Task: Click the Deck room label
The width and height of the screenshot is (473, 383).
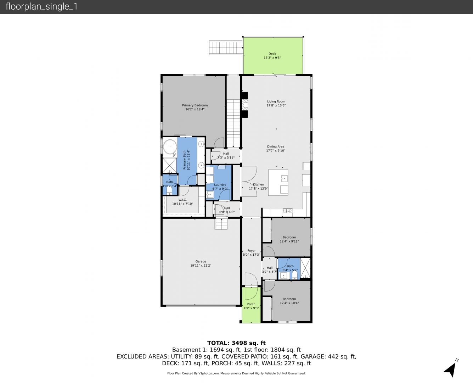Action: pos(272,54)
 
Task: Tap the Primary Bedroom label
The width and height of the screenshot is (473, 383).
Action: pos(195,105)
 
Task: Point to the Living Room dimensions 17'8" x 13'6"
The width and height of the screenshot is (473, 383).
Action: pos(276,105)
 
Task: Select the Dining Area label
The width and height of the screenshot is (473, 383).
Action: pos(276,146)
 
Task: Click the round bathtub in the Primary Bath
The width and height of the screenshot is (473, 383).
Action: pos(170,147)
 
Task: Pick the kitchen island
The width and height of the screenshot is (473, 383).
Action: pos(278,183)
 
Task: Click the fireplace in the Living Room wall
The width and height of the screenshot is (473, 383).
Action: pos(244,105)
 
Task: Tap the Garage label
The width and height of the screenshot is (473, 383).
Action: pos(201,261)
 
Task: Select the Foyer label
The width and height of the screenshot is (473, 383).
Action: pos(251,250)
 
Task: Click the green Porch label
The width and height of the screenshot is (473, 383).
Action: pos(251,304)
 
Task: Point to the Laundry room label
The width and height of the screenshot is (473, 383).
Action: pos(220,185)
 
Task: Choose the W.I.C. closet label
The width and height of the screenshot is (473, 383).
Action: pos(182,200)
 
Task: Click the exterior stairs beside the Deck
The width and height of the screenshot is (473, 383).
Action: pos(226,48)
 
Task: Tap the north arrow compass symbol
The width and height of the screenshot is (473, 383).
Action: pos(451,369)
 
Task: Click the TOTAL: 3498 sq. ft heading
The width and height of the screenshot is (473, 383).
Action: pos(236,343)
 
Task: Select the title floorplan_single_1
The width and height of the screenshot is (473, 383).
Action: pos(41,6)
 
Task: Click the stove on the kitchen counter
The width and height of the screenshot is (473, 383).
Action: pos(288,210)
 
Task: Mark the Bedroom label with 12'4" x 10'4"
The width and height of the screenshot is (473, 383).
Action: pos(289,299)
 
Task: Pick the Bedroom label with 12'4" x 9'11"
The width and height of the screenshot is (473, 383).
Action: pos(289,237)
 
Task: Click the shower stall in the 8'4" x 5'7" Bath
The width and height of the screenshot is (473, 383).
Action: pos(305,268)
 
